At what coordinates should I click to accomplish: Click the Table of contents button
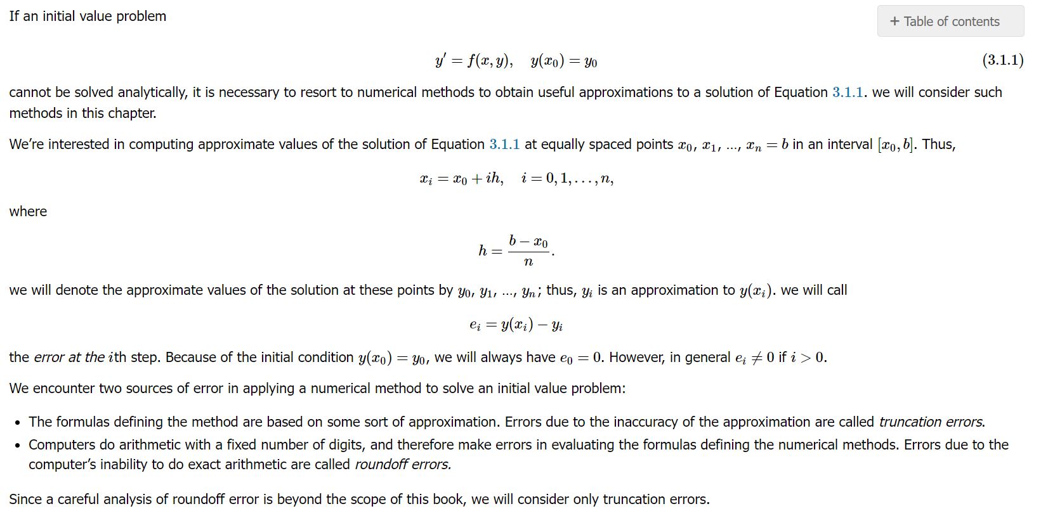950,22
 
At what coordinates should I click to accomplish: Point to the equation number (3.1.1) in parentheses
1002,60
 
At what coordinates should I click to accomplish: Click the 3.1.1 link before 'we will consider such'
848,93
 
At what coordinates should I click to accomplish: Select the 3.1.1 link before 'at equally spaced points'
504,145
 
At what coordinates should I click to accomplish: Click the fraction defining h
528,251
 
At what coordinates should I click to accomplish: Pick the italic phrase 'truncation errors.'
931,422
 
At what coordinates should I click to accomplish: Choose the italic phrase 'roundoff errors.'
403,465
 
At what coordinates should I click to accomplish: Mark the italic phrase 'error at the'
69,358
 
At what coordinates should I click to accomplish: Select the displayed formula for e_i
516,325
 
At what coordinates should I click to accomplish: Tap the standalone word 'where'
28,212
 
